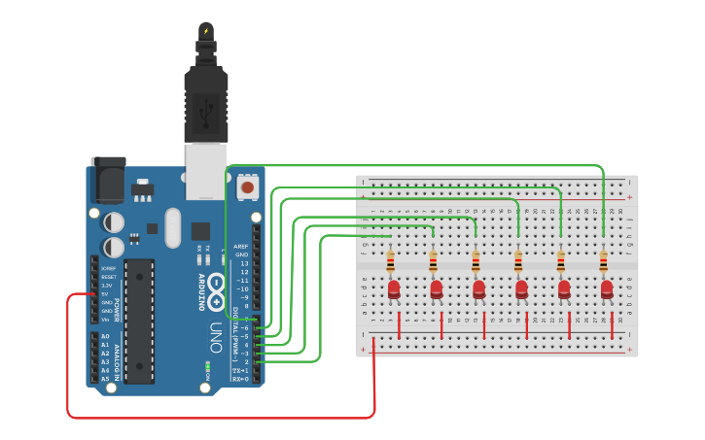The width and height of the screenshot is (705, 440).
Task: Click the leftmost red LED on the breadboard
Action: click(x=394, y=288)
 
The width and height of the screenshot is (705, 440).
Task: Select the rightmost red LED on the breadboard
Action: click(x=607, y=288)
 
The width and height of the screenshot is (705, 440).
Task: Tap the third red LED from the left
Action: click(x=479, y=288)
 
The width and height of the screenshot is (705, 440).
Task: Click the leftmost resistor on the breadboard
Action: click(x=390, y=261)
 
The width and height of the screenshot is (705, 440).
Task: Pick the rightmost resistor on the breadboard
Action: click(x=603, y=261)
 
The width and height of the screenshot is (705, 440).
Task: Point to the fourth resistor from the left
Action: click(x=518, y=261)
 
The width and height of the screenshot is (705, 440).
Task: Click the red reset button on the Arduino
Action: click(x=248, y=186)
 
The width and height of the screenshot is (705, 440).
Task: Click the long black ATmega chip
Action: click(x=139, y=321)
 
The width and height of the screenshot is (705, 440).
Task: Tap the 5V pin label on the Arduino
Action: click(x=106, y=293)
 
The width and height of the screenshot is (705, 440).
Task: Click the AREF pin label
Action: click(x=241, y=247)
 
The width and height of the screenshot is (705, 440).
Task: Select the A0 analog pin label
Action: click(x=105, y=336)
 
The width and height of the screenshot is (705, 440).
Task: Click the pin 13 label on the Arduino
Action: click(x=244, y=263)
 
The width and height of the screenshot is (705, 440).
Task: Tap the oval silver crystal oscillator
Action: click(x=173, y=228)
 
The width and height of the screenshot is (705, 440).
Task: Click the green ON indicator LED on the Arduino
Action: click(x=207, y=369)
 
